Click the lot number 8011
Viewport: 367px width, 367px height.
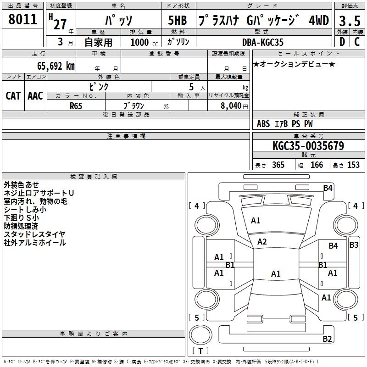click(x=23, y=20)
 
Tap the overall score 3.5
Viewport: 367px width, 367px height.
click(x=349, y=21)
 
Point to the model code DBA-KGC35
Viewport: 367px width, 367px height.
click(x=263, y=42)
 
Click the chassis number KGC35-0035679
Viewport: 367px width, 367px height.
click(x=308, y=146)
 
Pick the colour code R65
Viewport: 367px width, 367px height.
click(x=76, y=105)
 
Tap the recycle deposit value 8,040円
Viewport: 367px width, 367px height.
click(x=234, y=106)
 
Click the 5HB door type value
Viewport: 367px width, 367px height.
click(x=178, y=21)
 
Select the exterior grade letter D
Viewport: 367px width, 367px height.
click(x=342, y=42)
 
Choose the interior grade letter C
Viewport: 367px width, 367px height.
click(x=356, y=42)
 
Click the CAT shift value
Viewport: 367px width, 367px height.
click(x=13, y=95)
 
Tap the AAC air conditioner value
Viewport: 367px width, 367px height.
click(x=35, y=95)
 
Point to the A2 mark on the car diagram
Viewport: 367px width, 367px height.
click(x=262, y=242)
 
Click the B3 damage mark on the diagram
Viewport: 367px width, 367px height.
click(x=354, y=245)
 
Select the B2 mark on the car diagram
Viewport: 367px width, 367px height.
click(x=327, y=339)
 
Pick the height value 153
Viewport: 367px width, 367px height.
click(x=353, y=165)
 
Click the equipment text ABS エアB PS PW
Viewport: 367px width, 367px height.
click(x=285, y=124)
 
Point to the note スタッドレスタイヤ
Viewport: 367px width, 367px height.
click(x=35, y=234)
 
